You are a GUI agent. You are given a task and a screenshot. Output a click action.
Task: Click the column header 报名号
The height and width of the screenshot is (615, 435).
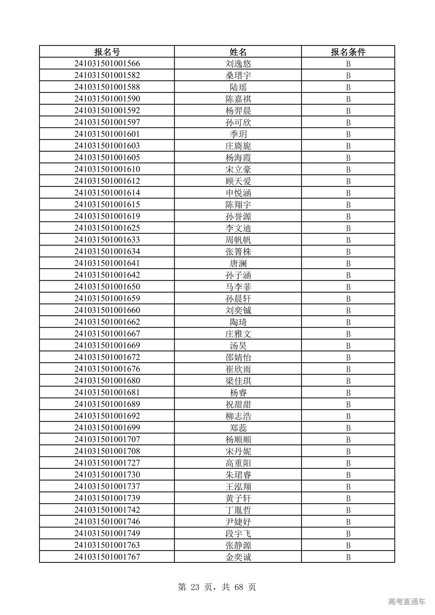click(107, 52)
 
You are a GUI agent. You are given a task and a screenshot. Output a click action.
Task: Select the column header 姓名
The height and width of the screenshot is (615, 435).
click(238, 52)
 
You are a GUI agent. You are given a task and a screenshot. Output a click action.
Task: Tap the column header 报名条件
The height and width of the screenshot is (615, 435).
click(348, 52)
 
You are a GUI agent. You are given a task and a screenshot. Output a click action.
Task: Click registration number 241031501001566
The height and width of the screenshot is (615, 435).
click(107, 64)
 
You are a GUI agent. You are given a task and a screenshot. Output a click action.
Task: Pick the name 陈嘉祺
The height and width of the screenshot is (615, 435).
click(238, 99)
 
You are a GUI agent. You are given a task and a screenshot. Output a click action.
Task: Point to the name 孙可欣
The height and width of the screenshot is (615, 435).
click(238, 123)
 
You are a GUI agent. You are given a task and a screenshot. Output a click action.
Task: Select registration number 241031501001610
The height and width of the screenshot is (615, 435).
click(107, 170)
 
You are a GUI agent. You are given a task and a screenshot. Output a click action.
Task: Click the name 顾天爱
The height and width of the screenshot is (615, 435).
click(238, 181)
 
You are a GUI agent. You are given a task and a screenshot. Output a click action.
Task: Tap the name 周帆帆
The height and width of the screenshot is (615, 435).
click(238, 240)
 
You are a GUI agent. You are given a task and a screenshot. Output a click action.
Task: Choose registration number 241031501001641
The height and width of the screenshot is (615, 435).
click(107, 264)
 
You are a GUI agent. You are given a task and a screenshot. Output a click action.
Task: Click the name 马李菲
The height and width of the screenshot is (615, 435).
click(238, 287)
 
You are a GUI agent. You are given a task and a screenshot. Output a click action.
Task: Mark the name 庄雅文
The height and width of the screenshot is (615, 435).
click(238, 334)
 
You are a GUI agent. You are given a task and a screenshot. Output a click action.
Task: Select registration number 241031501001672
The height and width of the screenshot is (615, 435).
click(107, 357)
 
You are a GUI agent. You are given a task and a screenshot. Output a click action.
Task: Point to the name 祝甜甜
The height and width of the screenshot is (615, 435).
click(238, 404)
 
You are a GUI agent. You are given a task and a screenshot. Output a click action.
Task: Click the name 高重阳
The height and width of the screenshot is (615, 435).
click(238, 463)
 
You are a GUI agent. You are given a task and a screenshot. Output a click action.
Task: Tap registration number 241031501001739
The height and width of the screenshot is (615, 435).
click(107, 498)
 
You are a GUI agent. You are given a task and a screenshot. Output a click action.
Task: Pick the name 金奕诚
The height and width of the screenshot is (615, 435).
click(238, 557)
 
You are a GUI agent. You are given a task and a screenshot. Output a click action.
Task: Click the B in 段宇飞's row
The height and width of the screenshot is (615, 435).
click(348, 534)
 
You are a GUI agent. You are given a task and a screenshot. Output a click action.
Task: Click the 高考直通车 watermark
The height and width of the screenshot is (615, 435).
click(406, 601)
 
